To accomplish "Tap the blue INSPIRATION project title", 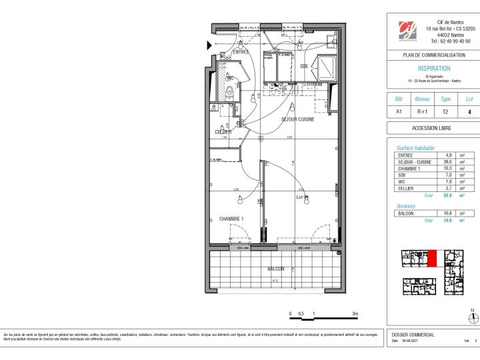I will click(433, 69).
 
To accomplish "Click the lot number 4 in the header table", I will click(469, 113).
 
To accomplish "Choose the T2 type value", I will click(446, 113).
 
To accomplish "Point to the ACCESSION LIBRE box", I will click(433, 128).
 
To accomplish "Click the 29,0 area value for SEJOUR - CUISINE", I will click(449, 162).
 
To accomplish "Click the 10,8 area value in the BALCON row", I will click(449, 213).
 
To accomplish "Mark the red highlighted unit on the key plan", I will click(432, 259).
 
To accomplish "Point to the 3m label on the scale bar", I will click(355, 313).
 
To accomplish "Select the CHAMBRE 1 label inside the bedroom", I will click(231, 219).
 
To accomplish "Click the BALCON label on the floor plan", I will click(276, 269).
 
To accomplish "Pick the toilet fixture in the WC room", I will click(229, 92).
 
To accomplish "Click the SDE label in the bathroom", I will click(304, 66).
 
